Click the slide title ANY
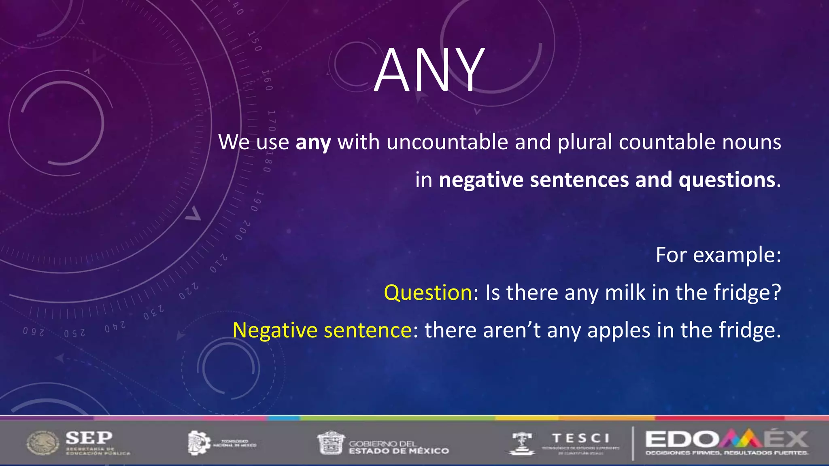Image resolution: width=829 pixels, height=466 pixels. coord(429,71)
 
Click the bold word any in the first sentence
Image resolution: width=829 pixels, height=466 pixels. coord(313,143)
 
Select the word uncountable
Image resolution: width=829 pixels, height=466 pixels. coord(447,142)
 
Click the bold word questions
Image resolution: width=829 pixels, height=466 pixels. coord(727,180)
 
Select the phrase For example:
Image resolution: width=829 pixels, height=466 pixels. coord(718,255)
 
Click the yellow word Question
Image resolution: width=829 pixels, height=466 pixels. coord(428,292)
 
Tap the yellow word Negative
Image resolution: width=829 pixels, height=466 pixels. coord(275,330)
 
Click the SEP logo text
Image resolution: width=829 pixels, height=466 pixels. coord(89,437)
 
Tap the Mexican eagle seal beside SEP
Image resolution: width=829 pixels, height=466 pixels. coord(43,443)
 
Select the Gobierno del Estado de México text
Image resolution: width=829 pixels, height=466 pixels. coord(399,447)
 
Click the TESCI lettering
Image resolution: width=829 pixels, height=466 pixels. coord(580,438)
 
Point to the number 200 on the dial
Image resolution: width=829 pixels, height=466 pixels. coord(242,231)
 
